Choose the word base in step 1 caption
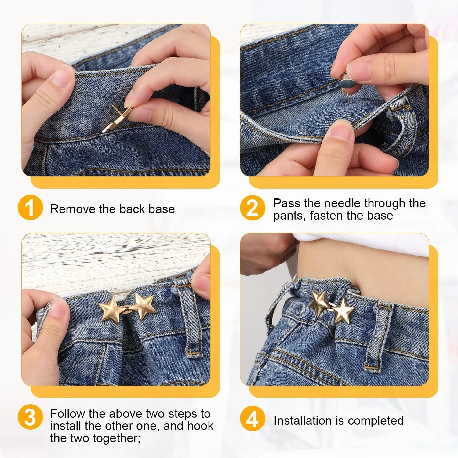click(162, 209)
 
